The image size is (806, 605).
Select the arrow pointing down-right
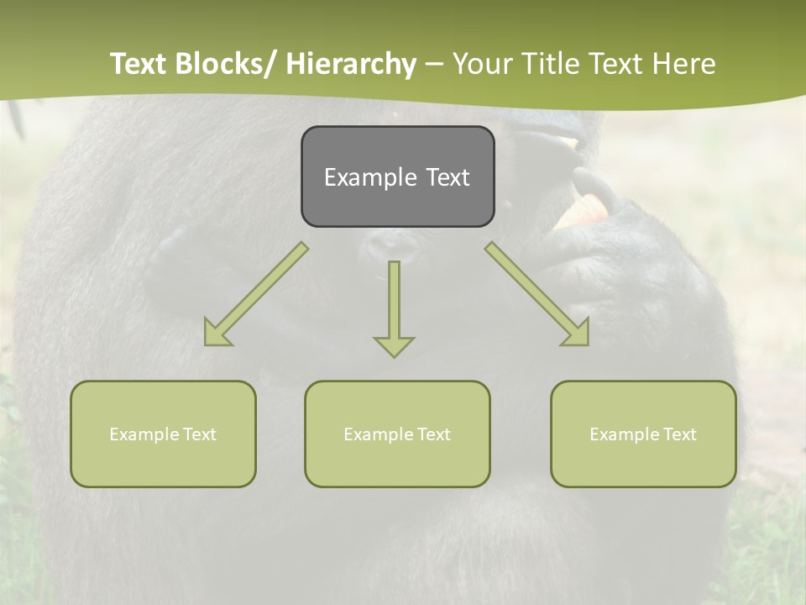[537, 294]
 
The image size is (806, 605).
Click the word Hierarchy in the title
[351, 64]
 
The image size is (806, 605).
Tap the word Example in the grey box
[370, 177]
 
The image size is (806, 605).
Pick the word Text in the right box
[679, 434]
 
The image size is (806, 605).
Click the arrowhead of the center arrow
[394, 345]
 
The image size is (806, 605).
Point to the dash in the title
[434, 64]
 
